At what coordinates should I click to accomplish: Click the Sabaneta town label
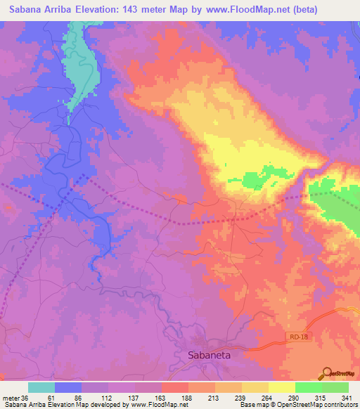[209, 356]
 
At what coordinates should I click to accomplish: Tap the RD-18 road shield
[298, 339]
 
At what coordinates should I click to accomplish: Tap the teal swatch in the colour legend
[41, 387]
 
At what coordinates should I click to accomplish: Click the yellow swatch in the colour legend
[282, 387]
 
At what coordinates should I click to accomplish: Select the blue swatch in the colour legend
[68, 387]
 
